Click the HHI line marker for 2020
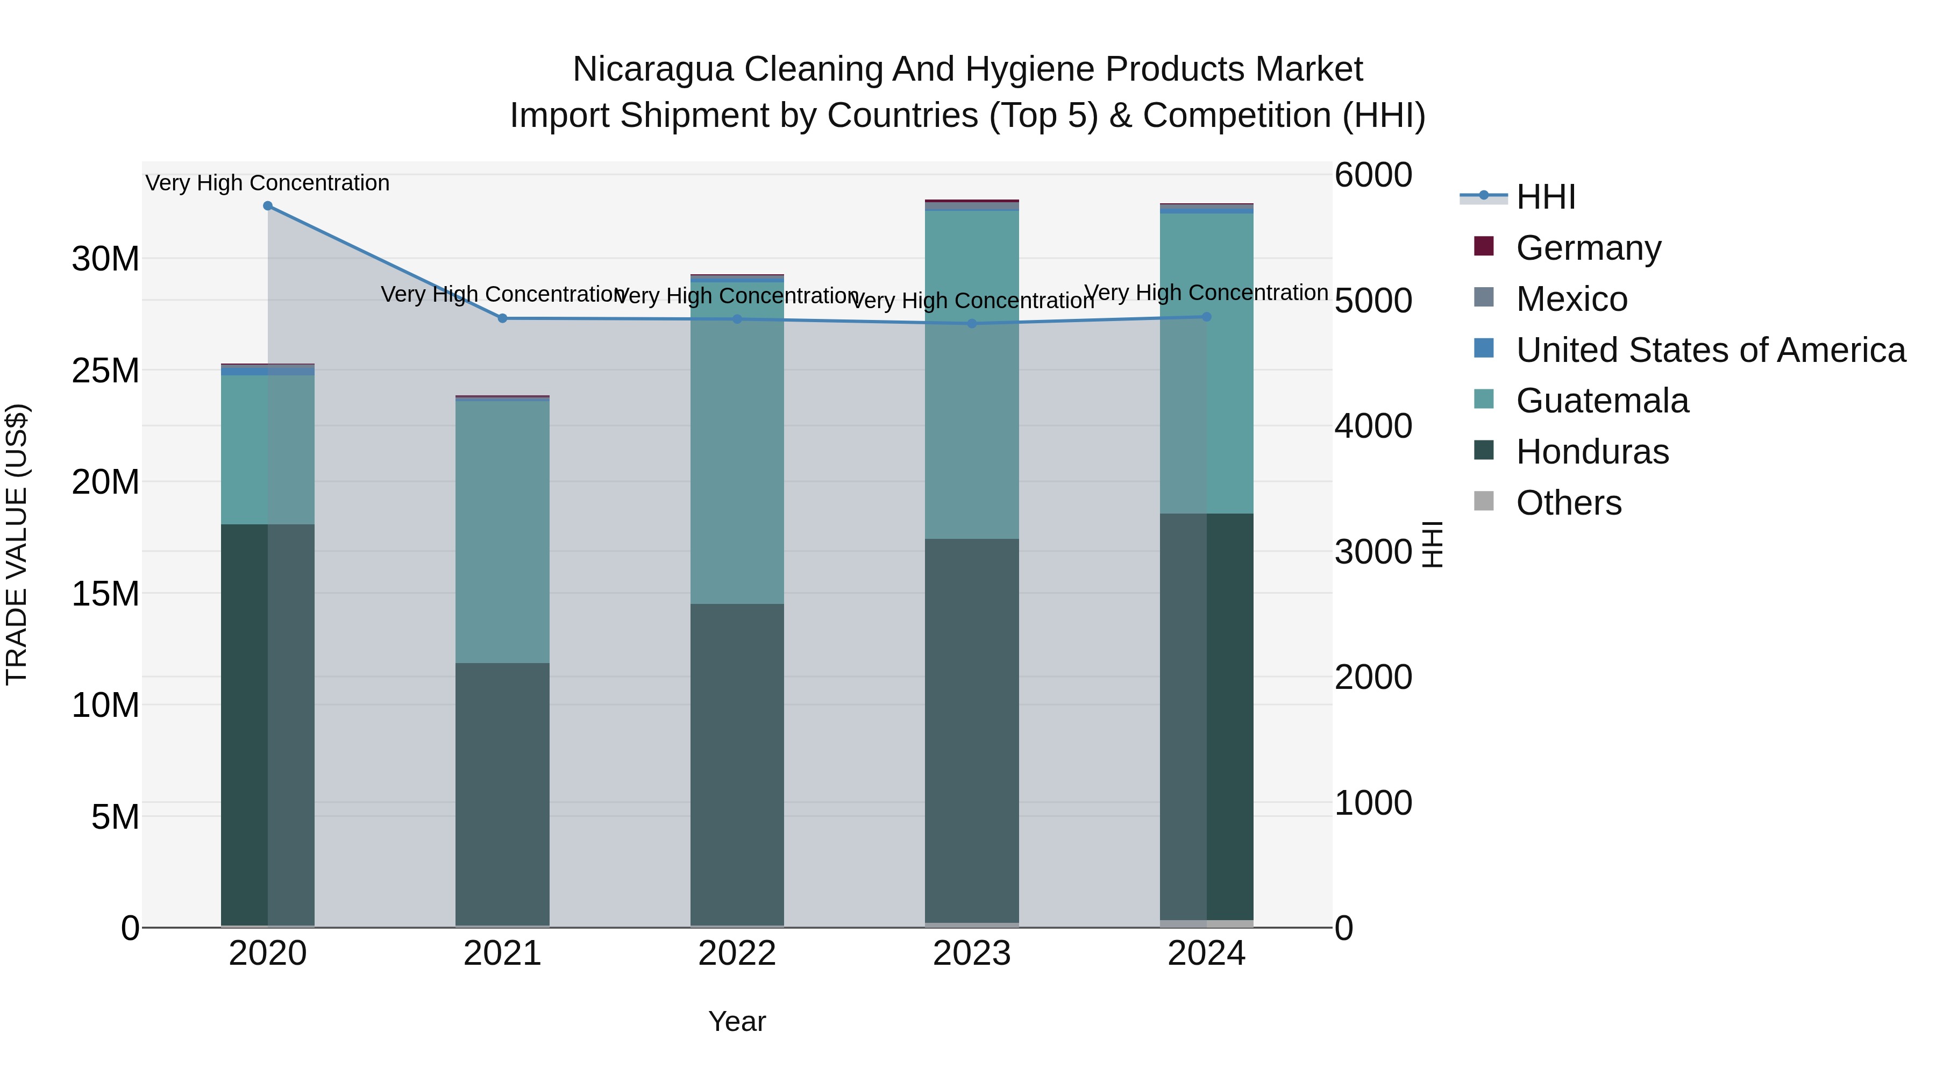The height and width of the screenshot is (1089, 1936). coord(268,206)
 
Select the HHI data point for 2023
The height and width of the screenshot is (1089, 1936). coord(972,324)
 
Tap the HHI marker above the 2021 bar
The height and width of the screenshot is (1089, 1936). coord(503,319)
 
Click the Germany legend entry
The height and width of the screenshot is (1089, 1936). coord(1588,248)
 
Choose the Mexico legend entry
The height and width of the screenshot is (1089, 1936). coord(1571,299)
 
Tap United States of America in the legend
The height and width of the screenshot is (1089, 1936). coord(1710,350)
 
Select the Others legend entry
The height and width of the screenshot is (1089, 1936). coord(1569,503)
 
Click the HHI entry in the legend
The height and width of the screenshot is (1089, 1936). coord(1545,197)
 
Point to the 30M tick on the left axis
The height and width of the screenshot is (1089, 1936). coord(105,259)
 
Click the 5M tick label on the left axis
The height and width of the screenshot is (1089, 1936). coord(115,817)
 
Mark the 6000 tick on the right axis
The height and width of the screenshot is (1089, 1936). coord(1373,175)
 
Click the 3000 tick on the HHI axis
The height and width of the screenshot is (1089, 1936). coord(1373,552)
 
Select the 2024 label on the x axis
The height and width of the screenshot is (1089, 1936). coord(1206,953)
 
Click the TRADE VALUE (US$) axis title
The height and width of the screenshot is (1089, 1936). coord(17,544)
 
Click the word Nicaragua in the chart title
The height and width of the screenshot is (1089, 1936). coord(652,69)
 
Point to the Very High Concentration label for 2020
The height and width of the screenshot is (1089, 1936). coord(268,183)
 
